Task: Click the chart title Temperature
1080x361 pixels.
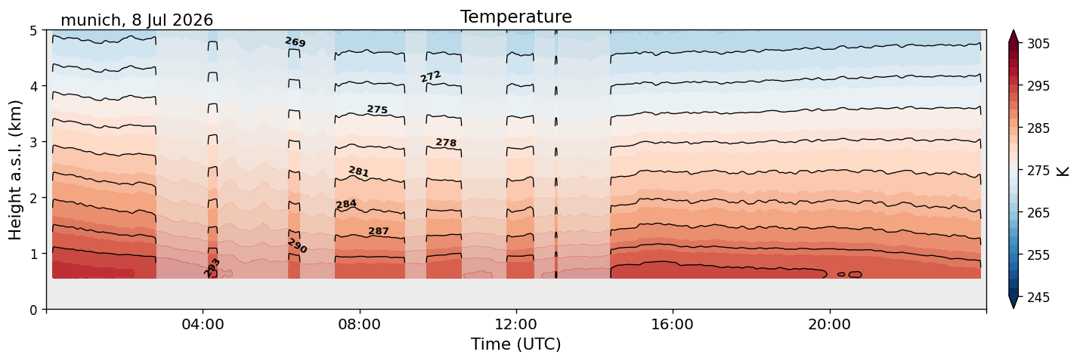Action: tap(516, 17)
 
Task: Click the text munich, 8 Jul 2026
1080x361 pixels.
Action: tap(137, 20)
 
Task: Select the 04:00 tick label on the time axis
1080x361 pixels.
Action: tap(203, 324)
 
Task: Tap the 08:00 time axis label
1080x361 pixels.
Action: tap(360, 324)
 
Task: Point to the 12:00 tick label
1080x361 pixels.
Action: tap(516, 324)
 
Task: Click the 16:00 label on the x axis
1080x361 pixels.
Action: tap(673, 324)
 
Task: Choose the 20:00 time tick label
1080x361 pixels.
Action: tap(830, 324)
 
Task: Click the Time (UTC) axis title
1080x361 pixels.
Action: tap(516, 344)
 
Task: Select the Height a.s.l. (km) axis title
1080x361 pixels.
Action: tap(15, 170)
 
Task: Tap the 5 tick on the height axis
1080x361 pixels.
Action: tap(33, 31)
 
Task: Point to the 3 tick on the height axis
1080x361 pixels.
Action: tap(33, 142)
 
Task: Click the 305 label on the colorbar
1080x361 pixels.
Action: tap(1038, 44)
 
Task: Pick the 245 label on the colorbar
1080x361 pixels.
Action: tap(1038, 298)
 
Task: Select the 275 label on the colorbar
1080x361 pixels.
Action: tap(1038, 171)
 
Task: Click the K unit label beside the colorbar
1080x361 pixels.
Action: tap(1062, 171)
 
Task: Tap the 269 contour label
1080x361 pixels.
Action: tap(295, 42)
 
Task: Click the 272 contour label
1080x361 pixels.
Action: tap(431, 76)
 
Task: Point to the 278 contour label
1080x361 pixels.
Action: tap(446, 143)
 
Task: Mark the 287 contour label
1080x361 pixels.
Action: tap(379, 231)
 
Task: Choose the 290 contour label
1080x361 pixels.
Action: tap(297, 245)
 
